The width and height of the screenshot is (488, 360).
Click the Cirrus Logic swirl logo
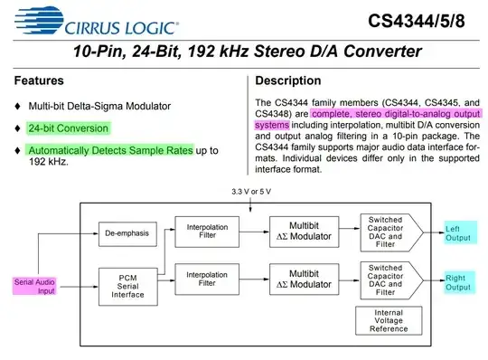click(28, 18)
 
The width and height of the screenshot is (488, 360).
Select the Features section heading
click(39, 81)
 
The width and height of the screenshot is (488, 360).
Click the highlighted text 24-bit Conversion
click(68, 128)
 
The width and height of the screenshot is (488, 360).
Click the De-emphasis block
click(125, 232)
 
